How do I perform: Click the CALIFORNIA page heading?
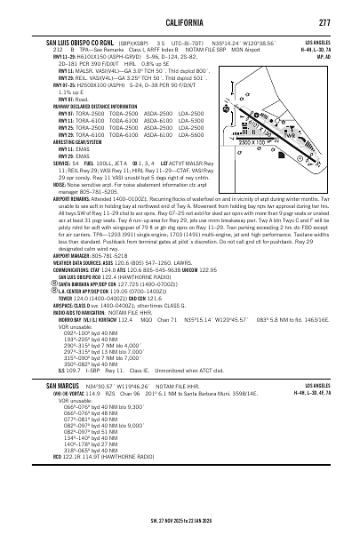[180, 22]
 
